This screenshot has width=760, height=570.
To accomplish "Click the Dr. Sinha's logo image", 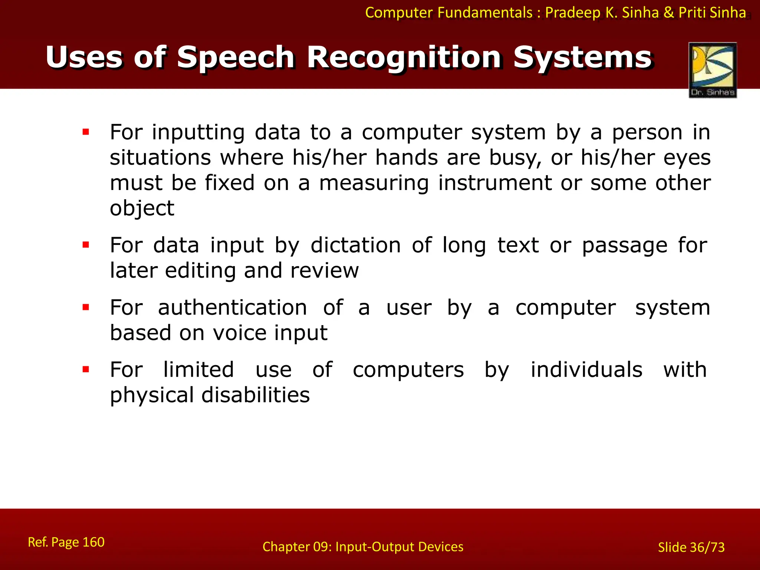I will (712, 70).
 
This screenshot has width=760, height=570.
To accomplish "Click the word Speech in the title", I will (236, 58).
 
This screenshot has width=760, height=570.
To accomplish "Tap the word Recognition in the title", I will (404, 58).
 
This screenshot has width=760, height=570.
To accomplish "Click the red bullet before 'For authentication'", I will (86, 307).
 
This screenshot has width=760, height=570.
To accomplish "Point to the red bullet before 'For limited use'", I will (86, 370).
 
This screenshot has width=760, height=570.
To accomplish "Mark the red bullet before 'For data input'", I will (86, 245).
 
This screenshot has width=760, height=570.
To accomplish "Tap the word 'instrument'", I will (495, 183).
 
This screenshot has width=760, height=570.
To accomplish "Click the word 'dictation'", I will (356, 245).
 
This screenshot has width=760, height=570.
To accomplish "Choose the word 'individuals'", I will (586, 370).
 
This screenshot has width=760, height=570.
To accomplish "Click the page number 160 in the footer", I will (93, 542).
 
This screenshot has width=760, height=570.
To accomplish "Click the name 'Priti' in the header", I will (692, 13).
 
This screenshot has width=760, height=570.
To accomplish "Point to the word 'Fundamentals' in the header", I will (485, 13).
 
